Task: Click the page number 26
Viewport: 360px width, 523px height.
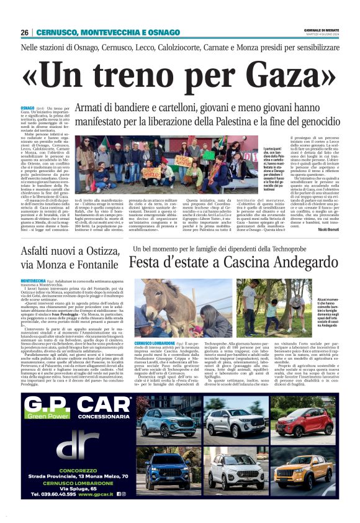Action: point(25,32)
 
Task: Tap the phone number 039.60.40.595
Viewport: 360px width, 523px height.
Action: point(50,494)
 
